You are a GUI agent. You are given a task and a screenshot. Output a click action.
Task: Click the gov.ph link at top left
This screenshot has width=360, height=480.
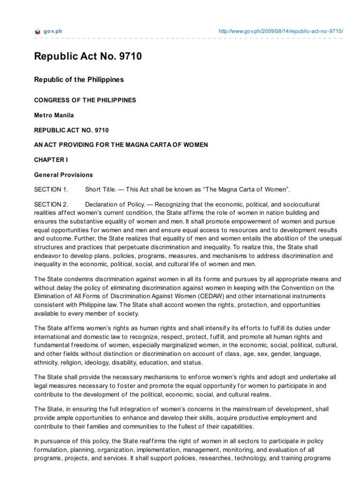(53, 31)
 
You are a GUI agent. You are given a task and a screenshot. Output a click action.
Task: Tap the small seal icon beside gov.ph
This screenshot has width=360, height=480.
(38, 31)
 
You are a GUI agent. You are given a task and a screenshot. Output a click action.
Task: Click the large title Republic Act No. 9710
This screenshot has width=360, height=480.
(88, 57)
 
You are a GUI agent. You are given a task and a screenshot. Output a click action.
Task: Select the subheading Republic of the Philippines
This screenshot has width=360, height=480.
(79, 80)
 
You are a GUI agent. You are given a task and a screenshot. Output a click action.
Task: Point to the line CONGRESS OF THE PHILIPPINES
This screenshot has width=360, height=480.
(85, 100)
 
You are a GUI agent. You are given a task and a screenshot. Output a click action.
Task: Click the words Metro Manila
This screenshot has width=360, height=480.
(54, 115)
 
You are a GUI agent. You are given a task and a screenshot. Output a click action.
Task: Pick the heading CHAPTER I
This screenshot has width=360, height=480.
(51, 160)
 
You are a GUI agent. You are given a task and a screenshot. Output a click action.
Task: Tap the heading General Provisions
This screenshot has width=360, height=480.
(63, 175)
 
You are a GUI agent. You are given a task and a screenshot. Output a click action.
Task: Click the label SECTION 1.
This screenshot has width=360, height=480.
(51, 189)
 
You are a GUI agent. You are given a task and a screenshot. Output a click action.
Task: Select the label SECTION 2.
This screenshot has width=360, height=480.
(51, 204)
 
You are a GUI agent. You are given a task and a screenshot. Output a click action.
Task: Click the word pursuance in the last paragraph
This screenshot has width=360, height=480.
(55, 442)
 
